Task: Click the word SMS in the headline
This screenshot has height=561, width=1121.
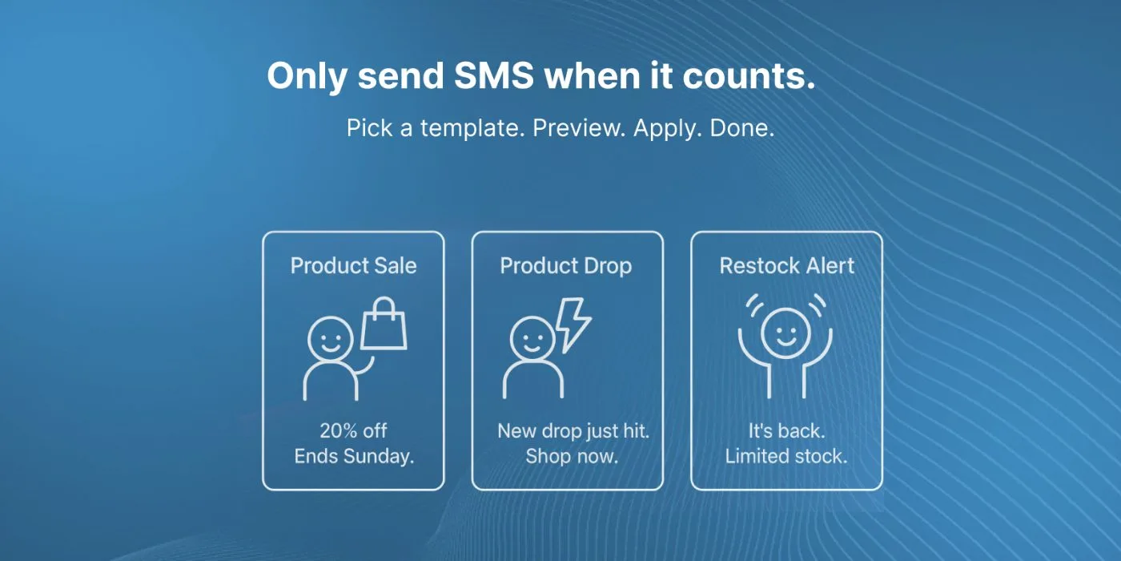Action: click(x=493, y=75)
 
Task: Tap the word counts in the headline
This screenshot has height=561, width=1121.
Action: click(x=749, y=75)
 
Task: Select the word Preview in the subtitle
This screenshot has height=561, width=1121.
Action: click(x=579, y=128)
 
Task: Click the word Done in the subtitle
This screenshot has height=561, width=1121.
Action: click(x=741, y=128)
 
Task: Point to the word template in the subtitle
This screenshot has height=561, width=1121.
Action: click(x=472, y=128)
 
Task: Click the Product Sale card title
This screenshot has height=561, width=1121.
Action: click(x=353, y=265)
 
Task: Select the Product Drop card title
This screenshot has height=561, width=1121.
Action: click(x=565, y=266)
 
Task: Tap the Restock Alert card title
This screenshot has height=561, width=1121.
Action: click(x=786, y=265)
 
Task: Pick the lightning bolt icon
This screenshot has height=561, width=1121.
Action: click(x=573, y=325)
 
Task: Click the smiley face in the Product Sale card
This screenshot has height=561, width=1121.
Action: click(x=330, y=339)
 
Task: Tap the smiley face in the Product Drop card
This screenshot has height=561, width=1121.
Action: click(x=532, y=338)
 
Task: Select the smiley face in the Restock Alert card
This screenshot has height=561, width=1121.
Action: click(x=786, y=333)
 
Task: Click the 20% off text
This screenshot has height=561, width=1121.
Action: click(x=353, y=431)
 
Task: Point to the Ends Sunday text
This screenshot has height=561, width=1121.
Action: click(x=354, y=456)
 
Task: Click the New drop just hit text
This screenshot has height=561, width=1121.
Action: click(x=573, y=431)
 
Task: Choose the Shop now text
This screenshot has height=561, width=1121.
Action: click(x=572, y=456)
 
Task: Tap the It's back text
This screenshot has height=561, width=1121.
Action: click(x=786, y=431)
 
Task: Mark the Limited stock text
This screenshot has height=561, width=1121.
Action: click(x=786, y=456)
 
